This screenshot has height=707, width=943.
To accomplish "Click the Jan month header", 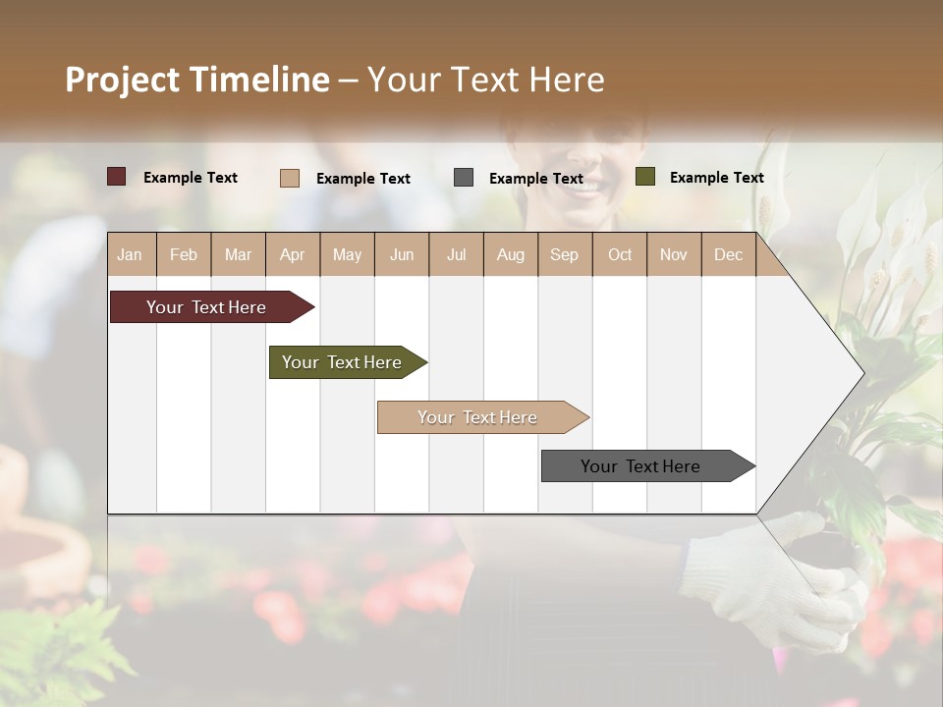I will [130, 254].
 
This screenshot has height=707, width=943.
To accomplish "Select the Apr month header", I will [292, 254].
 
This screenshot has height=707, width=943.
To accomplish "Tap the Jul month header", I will [456, 254].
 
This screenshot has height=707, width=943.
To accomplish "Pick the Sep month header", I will [564, 254].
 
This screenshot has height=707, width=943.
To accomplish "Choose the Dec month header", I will [728, 254].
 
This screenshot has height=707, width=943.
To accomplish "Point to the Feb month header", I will [184, 254].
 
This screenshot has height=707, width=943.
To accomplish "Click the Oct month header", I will [620, 254].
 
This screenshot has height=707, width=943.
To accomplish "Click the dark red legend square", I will [116, 177].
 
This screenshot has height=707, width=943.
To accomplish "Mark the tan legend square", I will [289, 178].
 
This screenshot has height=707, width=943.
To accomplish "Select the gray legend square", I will [464, 177].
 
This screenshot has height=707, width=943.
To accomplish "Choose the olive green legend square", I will [644, 177].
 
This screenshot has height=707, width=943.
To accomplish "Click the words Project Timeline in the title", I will [196, 80].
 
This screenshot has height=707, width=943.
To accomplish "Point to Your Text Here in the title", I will [485, 80].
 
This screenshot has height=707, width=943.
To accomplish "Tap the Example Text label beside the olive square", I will [716, 178].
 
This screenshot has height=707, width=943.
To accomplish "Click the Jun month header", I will [402, 254].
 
